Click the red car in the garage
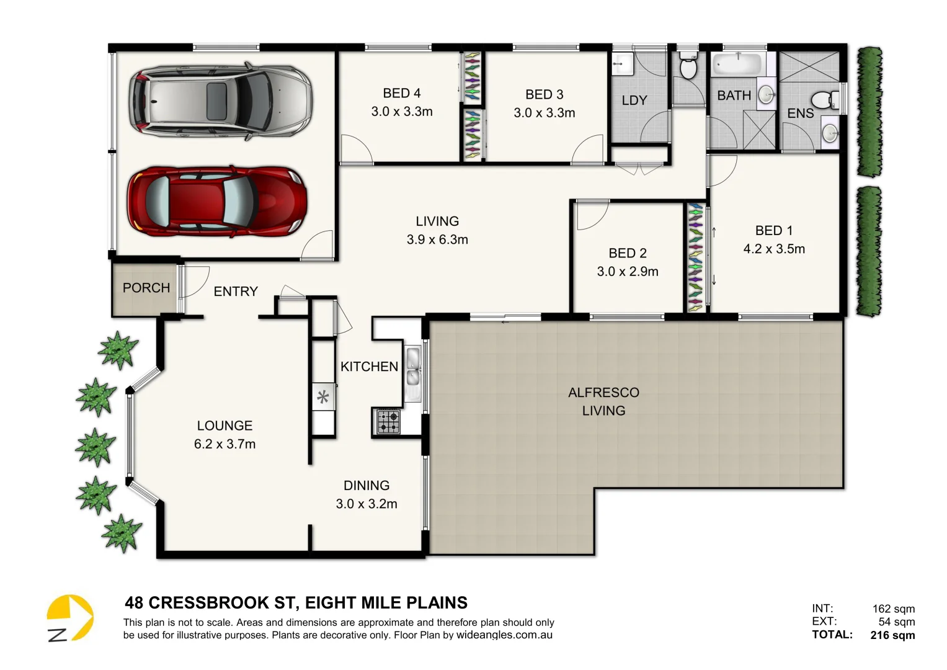(217, 201)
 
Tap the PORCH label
(146, 288)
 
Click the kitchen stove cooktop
(389, 421)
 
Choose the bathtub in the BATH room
(737, 64)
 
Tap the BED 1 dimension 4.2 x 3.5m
(774, 249)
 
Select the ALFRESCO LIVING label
(603, 401)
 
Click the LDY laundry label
(634, 100)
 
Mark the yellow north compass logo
(70, 618)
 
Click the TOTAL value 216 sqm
(892, 635)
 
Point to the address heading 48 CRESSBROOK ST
(296, 602)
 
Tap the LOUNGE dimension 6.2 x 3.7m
(225, 444)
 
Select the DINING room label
(367, 486)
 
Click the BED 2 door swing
(590, 215)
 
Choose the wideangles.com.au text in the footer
(504, 635)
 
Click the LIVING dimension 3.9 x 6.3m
(437, 239)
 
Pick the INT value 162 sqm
(893, 609)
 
